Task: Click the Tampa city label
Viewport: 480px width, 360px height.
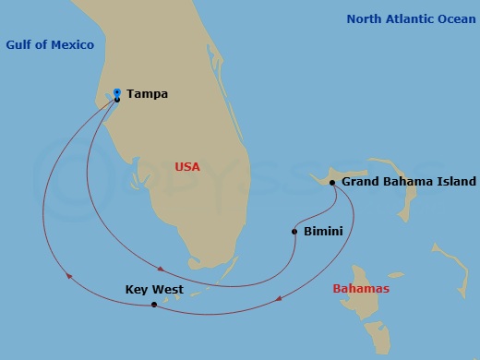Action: (x=148, y=93)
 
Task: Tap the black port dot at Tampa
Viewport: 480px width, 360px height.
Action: (x=117, y=100)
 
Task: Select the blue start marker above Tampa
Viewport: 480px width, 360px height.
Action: (x=117, y=91)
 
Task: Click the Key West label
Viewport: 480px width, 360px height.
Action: (x=154, y=290)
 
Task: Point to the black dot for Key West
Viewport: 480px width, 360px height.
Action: (x=153, y=304)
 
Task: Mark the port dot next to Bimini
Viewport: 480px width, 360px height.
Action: (x=294, y=231)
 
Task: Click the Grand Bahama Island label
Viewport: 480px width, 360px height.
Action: (x=409, y=182)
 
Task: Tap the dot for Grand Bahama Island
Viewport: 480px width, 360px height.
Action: (x=331, y=182)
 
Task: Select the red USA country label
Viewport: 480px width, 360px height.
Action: (x=187, y=166)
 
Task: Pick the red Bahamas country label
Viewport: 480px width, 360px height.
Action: (x=361, y=289)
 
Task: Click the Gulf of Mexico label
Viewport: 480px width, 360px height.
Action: (x=50, y=45)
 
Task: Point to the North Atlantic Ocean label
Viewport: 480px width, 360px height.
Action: (x=411, y=18)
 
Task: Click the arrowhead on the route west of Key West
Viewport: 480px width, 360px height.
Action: (x=67, y=273)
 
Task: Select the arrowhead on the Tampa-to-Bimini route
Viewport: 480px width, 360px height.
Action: (x=162, y=269)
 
